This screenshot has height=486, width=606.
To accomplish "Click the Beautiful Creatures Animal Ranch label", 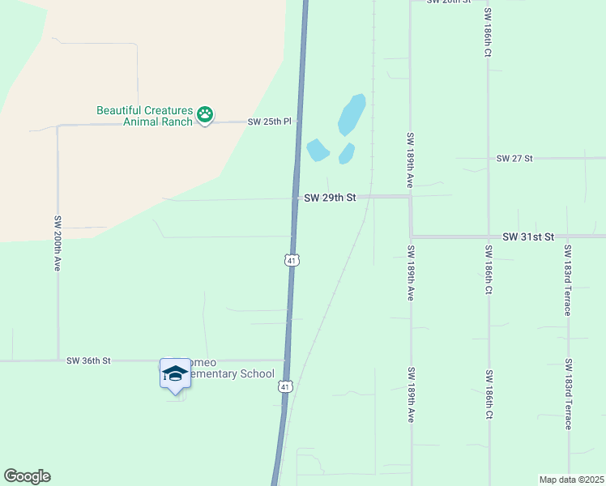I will [x=145, y=116].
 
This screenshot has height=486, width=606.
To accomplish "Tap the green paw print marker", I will [x=205, y=116].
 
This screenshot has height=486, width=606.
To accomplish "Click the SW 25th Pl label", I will [x=269, y=122].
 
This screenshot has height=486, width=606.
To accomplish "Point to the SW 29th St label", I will [x=330, y=198].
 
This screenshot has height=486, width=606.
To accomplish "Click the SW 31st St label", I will [x=527, y=237].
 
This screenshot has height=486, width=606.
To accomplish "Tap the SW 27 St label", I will [x=514, y=159].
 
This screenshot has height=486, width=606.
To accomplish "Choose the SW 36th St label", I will [x=88, y=360].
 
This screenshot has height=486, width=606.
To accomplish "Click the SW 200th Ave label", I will [x=58, y=242].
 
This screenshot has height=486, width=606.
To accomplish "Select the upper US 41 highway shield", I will [x=292, y=259].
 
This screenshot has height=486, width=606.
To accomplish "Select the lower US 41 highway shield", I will [x=284, y=387].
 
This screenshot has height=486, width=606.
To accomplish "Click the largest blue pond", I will [x=352, y=114].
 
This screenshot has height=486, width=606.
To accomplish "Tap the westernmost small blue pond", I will [x=317, y=150].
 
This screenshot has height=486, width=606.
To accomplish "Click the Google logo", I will [x=27, y=476].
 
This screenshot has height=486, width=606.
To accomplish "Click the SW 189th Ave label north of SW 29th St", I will [x=411, y=160].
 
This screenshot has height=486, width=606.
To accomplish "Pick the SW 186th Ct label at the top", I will [x=488, y=32].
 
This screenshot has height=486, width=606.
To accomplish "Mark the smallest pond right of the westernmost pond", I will [x=347, y=152].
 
